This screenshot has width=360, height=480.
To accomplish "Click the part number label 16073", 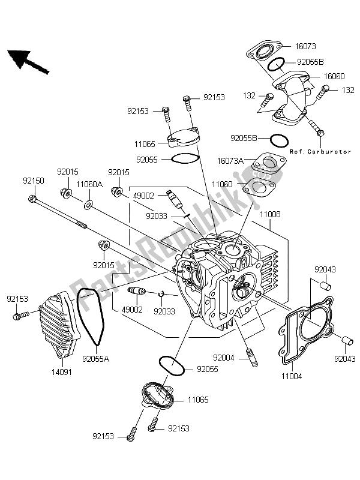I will (x=310, y=46).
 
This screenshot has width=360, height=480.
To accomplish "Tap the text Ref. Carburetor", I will (x=320, y=152).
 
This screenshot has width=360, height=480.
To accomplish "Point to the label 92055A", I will (x=95, y=359).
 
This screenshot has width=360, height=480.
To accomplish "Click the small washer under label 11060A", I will (x=89, y=205).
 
